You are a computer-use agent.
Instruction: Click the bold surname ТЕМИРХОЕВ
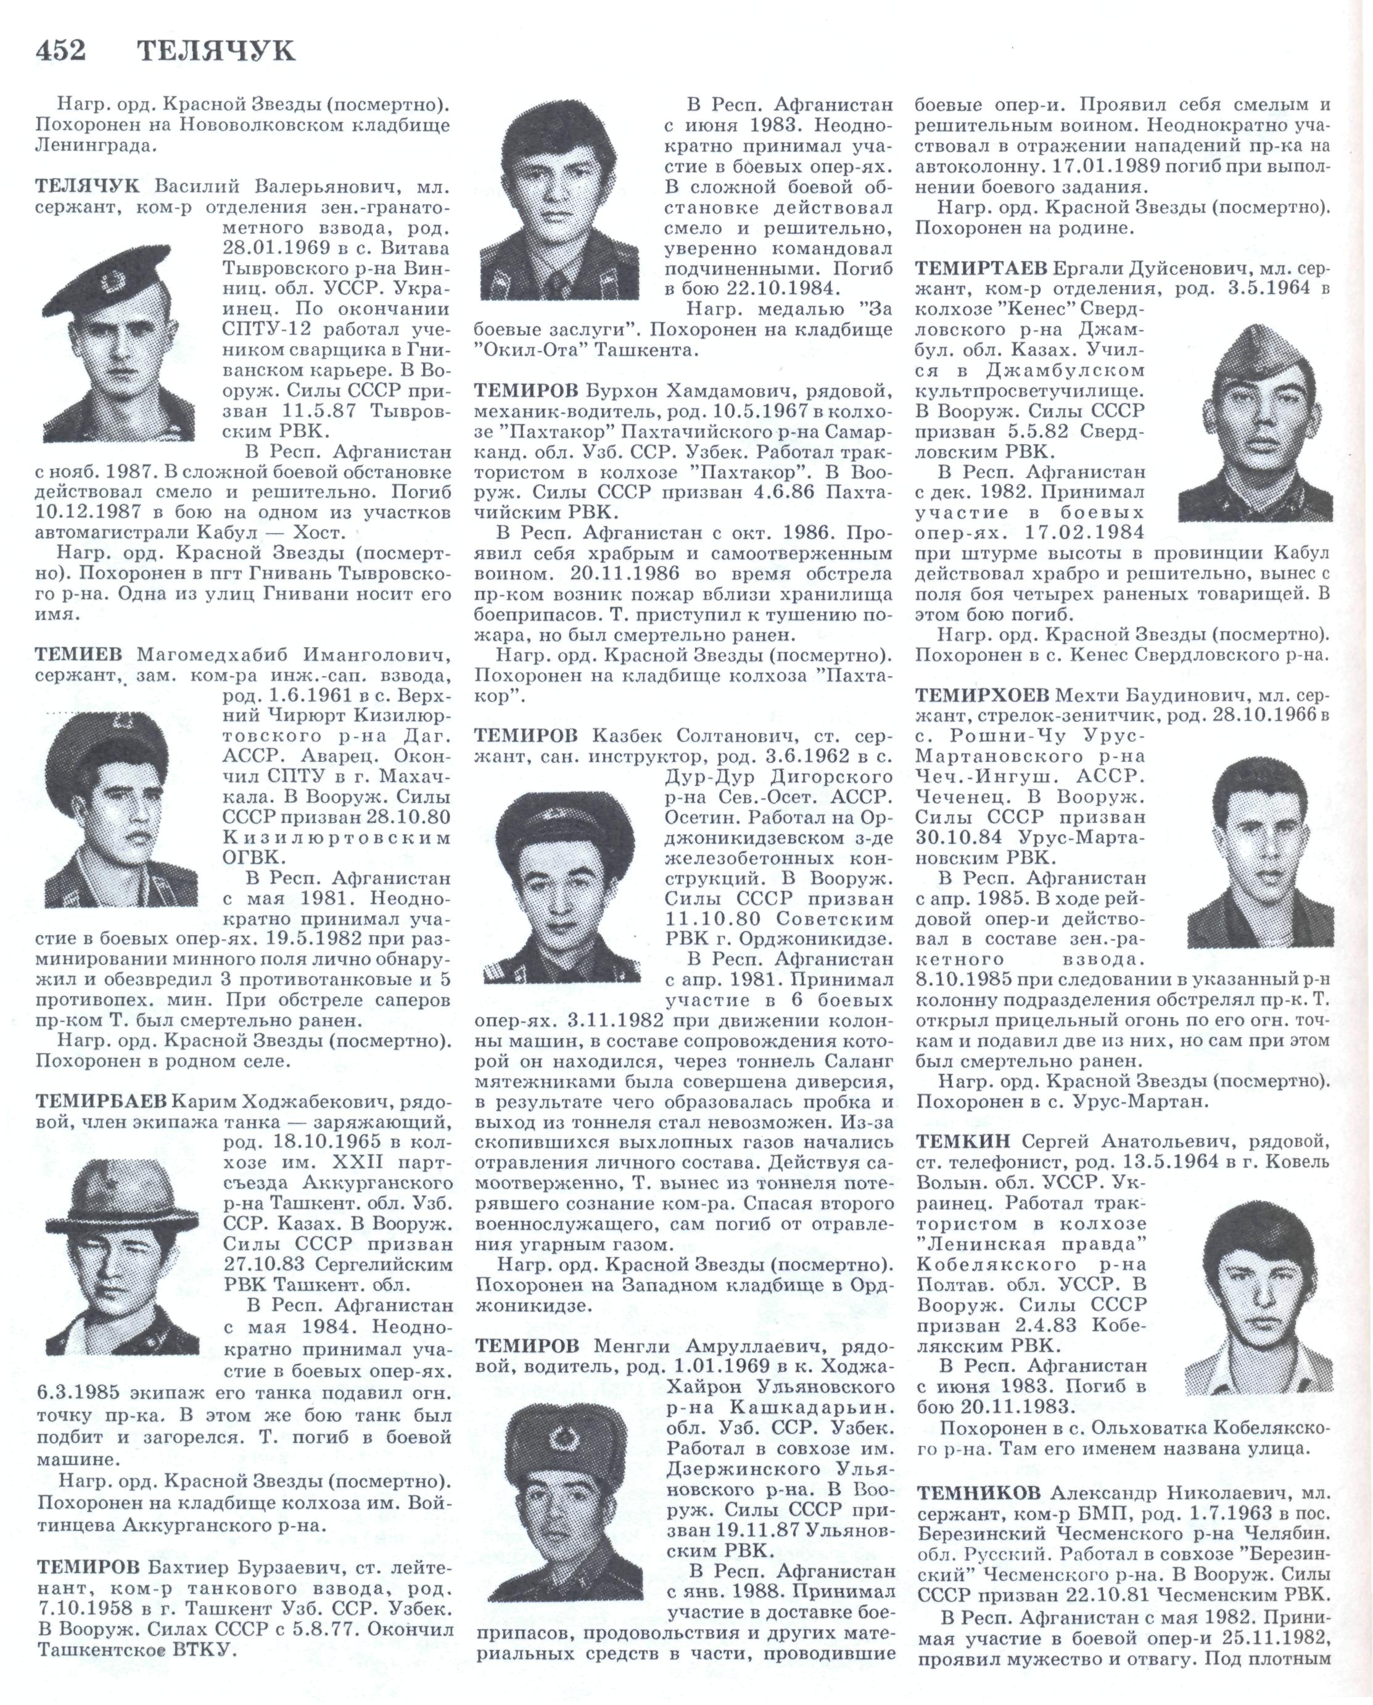pos(983,695)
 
